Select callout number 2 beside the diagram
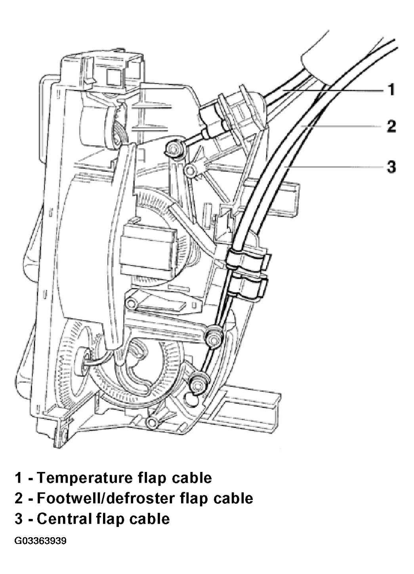tap(391, 126)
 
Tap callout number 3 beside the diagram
tap(391, 167)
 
